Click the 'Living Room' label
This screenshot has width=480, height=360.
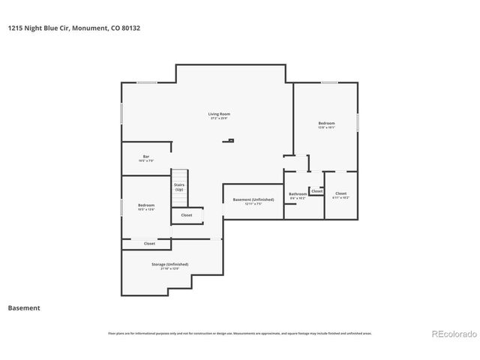[219, 114]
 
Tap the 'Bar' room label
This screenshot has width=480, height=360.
[146, 156]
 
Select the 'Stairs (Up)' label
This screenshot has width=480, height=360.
[179, 187]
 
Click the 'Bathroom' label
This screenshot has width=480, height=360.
[298, 193]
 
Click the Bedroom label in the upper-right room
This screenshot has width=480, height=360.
[326, 123]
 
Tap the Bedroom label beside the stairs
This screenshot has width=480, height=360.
[146, 205]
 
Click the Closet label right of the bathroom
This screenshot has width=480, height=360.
[340, 193]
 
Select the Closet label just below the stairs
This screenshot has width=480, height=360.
[186, 215]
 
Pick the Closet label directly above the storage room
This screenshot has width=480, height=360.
[149, 244]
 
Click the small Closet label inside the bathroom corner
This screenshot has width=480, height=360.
[317, 191]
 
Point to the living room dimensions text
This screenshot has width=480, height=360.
[219, 118]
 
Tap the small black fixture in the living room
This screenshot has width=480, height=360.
[232, 140]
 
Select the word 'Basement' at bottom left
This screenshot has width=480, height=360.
[23, 307]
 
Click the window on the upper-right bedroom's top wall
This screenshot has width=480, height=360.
[329, 82]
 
